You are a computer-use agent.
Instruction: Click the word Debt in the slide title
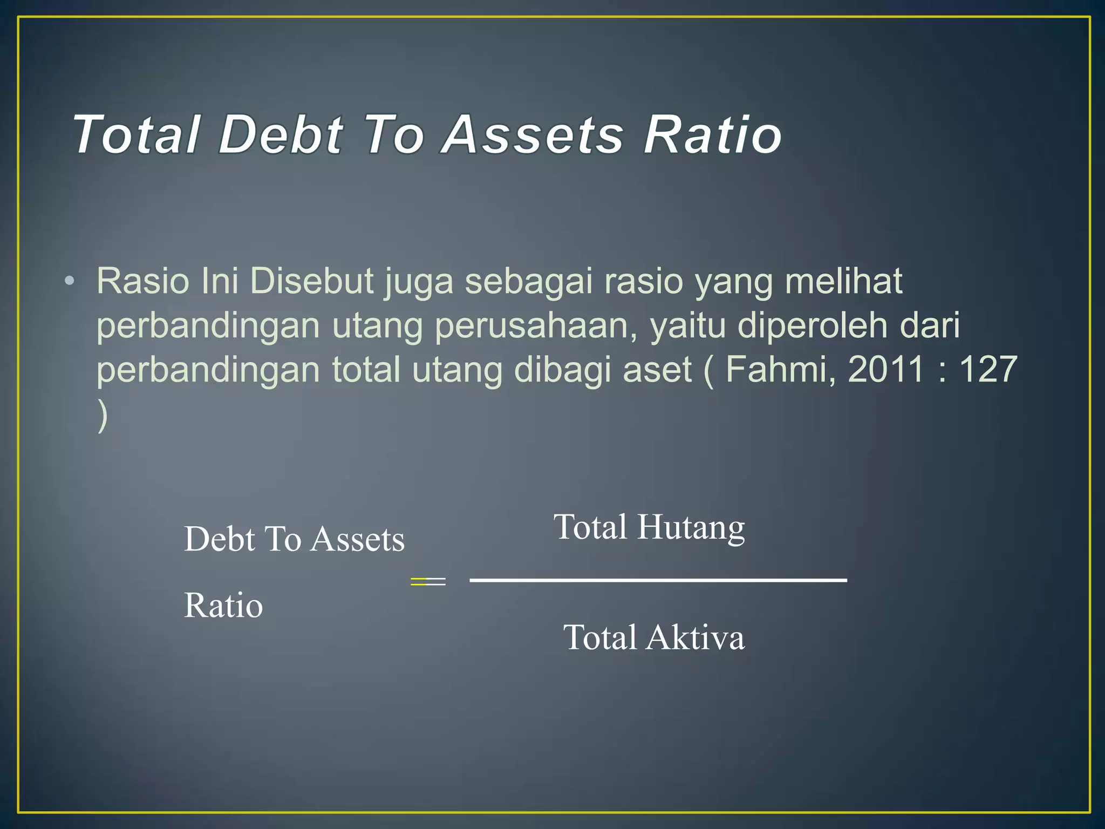tap(281, 134)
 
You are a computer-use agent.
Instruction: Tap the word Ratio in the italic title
tap(713, 134)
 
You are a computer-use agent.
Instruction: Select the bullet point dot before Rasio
tap(69, 281)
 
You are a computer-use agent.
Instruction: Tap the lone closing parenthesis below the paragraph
tap(103, 415)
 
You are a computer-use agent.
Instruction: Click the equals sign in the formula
tap(428, 581)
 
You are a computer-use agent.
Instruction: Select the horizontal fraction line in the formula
tap(658, 580)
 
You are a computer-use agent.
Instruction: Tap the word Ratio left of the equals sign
tap(223, 605)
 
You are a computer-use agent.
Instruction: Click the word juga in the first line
tap(419, 281)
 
